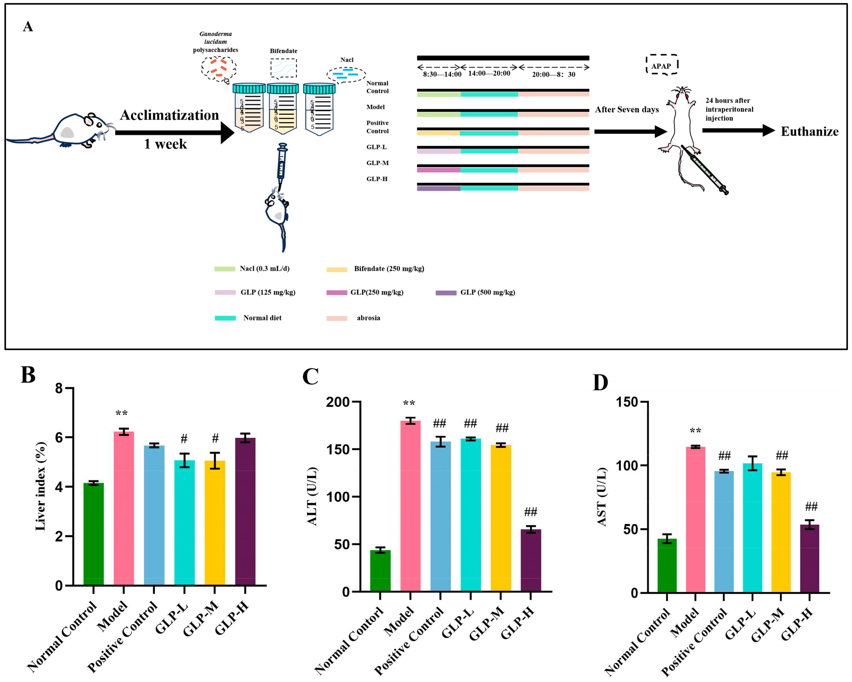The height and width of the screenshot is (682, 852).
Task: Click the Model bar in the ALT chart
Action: point(410,506)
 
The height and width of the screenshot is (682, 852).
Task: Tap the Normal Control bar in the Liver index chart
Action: point(94,533)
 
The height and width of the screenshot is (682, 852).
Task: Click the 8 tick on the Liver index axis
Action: point(59,388)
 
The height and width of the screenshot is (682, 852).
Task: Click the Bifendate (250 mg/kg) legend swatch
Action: point(337,269)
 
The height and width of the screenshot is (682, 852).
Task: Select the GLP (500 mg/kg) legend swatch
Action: point(446,293)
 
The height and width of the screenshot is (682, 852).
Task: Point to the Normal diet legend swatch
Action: point(225,318)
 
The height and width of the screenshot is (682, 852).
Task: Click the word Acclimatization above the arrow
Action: point(169,115)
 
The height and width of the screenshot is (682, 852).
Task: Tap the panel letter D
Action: point(600,382)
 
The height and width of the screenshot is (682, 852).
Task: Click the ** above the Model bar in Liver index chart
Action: point(122,413)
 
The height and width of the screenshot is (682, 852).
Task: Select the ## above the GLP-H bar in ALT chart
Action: point(530,512)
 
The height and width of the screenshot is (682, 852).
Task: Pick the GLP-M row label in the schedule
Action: point(377,163)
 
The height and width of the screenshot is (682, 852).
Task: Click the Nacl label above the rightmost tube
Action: point(347,60)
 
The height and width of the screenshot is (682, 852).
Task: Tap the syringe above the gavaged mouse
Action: point(282,163)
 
